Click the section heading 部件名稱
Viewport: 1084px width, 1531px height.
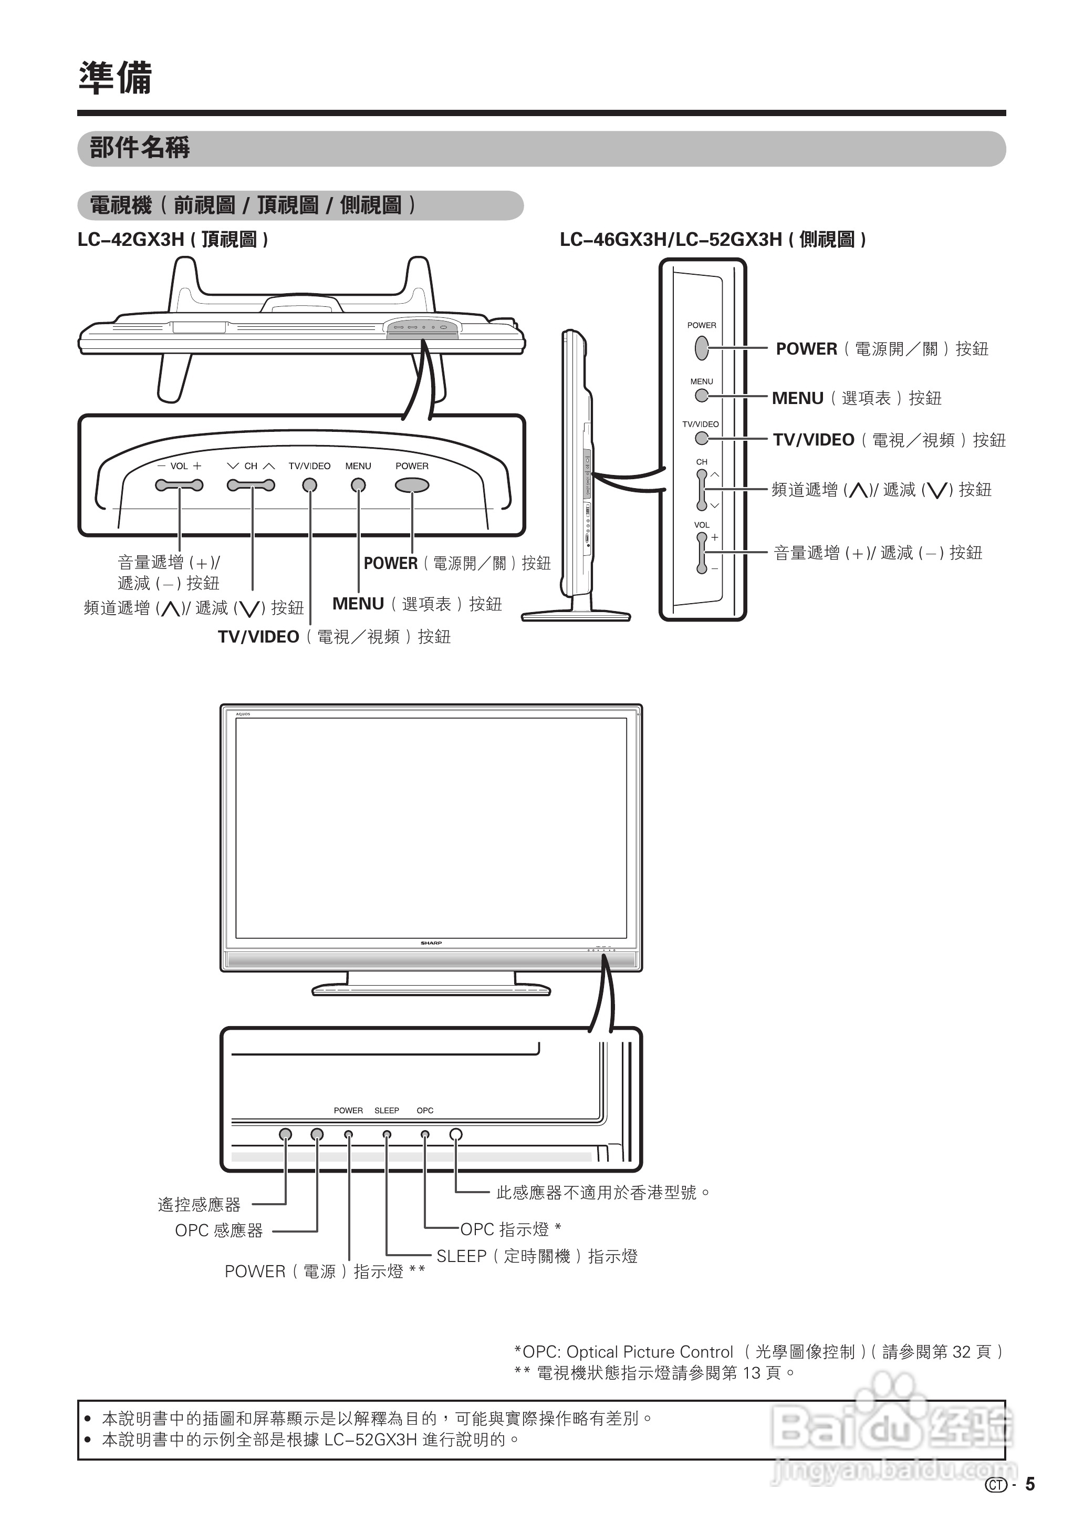tap(140, 148)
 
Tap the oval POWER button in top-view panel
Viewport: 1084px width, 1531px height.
tap(412, 485)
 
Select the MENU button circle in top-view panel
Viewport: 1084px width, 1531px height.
tap(358, 485)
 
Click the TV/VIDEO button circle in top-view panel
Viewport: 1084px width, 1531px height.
tap(310, 485)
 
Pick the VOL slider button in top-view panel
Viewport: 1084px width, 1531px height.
tap(179, 485)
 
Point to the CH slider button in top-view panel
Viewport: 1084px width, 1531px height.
tap(251, 485)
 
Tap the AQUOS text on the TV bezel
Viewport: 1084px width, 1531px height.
tap(243, 715)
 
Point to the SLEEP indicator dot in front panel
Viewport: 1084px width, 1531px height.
tap(387, 1134)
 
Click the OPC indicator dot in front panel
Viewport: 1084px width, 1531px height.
tap(425, 1134)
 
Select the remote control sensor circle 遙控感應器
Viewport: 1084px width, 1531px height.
tap(286, 1134)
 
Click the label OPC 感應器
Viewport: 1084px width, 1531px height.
tap(218, 1230)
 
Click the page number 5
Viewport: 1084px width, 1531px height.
tap(1030, 1484)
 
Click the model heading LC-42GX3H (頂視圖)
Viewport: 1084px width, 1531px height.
tap(173, 240)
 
